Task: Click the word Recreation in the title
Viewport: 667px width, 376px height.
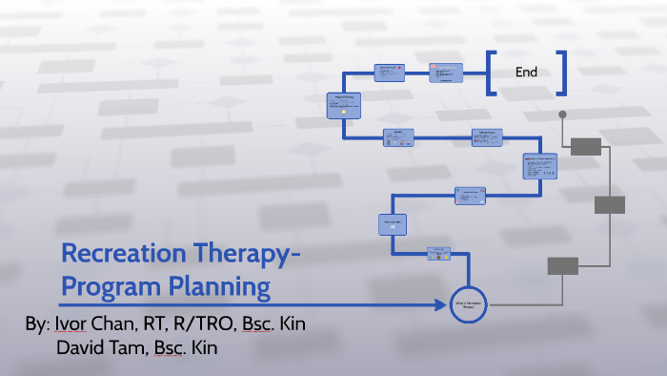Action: tap(123, 256)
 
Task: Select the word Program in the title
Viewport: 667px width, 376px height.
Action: tap(104, 287)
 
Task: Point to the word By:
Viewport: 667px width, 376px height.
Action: tap(37, 324)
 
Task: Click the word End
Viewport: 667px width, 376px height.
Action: tap(526, 73)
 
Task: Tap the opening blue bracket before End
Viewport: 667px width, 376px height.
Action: tap(490, 73)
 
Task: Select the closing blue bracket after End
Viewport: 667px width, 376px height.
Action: tap(563, 73)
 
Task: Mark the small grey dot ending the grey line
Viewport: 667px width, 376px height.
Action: tap(562, 115)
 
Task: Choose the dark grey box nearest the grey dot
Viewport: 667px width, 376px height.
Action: tap(585, 146)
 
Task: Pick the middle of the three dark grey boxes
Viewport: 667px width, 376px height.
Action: tap(609, 204)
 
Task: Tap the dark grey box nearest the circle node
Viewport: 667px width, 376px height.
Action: tap(561, 266)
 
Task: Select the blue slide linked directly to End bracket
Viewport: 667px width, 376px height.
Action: tap(445, 73)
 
